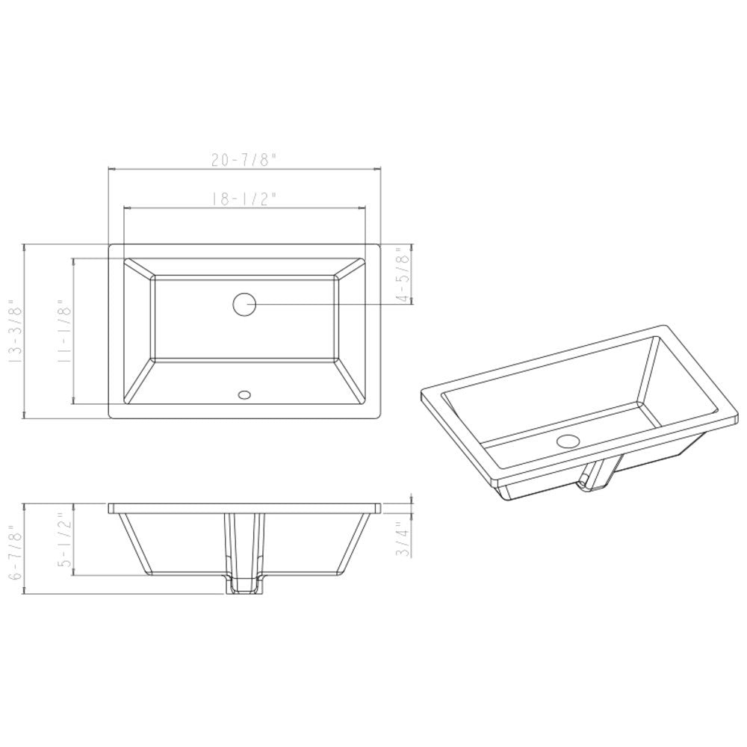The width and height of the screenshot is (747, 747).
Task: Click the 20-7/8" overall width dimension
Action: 244,159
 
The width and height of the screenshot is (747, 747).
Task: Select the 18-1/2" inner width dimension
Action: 244,198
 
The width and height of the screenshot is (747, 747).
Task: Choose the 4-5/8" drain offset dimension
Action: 405,274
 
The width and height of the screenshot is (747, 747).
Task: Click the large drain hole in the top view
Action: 244,304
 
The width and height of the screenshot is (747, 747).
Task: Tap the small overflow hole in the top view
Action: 244,394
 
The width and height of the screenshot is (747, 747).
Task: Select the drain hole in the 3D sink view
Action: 568,441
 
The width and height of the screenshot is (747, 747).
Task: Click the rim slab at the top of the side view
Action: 244,508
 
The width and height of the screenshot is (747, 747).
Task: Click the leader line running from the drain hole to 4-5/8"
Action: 329,304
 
